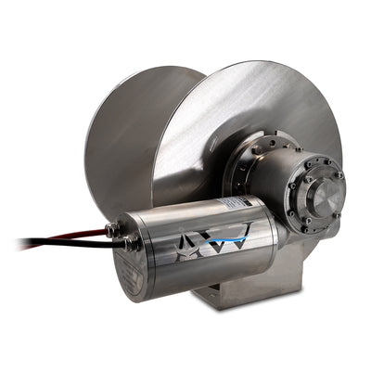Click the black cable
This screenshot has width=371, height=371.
coord(56,244)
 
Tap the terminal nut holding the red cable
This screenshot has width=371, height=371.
coord(113,228)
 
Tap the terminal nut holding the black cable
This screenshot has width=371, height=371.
coord(128,244)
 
